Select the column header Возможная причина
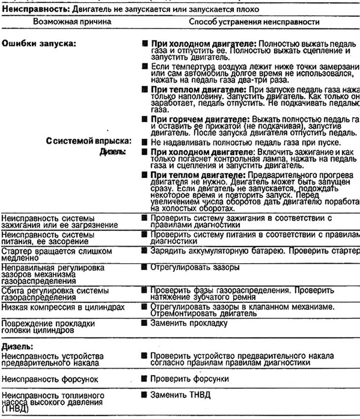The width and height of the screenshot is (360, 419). pyautogui.click(x=72, y=22)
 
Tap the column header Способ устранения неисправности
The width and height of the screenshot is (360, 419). pyautogui.click(x=254, y=22)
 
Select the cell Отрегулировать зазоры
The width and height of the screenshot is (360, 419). pyautogui.click(x=195, y=268)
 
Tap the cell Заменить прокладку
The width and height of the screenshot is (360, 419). pyautogui.click(x=189, y=323)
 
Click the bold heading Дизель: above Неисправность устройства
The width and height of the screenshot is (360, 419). pyautogui.click(x=18, y=347)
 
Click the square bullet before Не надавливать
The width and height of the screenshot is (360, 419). pyautogui.click(x=144, y=142)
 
